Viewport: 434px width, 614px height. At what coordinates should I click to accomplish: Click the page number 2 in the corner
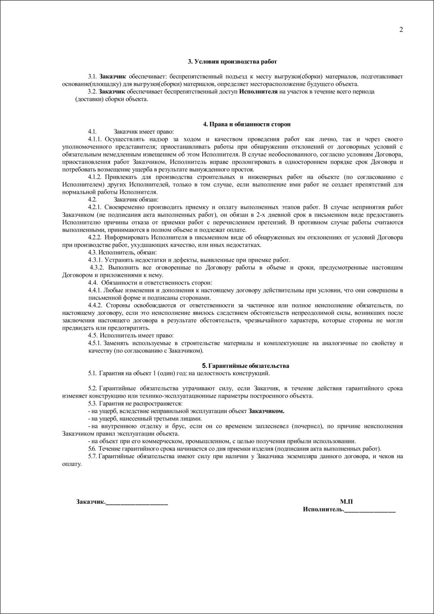401,30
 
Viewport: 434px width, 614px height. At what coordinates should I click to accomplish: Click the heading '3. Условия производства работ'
232,61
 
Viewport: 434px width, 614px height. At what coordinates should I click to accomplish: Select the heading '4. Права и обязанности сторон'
247,124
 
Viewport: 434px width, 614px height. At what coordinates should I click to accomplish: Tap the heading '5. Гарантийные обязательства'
246,366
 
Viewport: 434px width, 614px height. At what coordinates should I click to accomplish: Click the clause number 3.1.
92,77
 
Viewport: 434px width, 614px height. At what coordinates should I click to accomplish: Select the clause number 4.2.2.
95,238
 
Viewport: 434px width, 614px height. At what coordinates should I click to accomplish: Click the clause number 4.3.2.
97,267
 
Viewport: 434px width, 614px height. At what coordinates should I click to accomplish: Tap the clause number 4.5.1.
95,343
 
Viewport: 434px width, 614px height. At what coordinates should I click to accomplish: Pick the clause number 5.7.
92,457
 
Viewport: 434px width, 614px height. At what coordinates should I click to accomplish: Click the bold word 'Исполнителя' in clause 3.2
258,92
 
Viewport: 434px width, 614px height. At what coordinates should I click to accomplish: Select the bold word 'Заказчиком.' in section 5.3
266,411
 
